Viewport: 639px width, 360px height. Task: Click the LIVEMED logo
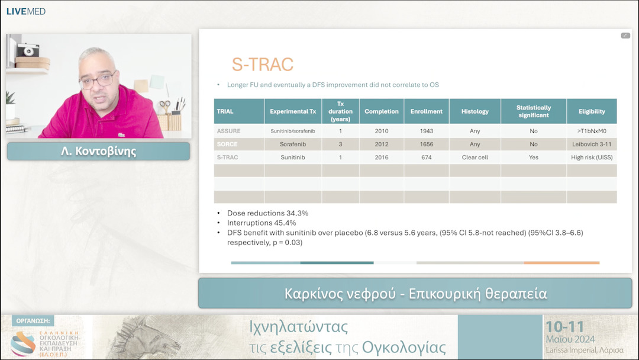pyautogui.click(x=26, y=11)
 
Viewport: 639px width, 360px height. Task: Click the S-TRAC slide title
pyautogui.click(x=262, y=65)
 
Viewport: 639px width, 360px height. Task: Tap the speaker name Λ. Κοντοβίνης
pyautogui.click(x=98, y=151)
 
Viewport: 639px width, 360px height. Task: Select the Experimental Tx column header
pyautogui.click(x=293, y=111)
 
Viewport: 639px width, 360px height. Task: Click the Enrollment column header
pyautogui.click(x=427, y=111)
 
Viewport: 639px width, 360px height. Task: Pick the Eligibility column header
pyautogui.click(x=592, y=111)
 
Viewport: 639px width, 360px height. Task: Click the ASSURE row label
pyautogui.click(x=229, y=131)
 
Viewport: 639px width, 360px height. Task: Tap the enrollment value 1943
pyautogui.click(x=427, y=131)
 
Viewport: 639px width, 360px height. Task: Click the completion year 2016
pyautogui.click(x=382, y=157)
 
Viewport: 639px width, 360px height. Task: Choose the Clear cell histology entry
pyautogui.click(x=475, y=157)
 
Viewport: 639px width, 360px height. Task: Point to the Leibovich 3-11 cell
pyautogui.click(x=592, y=144)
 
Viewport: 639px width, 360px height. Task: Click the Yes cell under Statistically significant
pyautogui.click(x=534, y=157)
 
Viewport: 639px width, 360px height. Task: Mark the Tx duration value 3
pyautogui.click(x=340, y=144)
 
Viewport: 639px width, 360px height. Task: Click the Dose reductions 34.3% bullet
pyautogui.click(x=267, y=213)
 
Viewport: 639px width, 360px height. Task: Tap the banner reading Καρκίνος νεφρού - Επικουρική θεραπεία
pyautogui.click(x=415, y=294)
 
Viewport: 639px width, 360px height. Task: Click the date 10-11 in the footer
pyautogui.click(x=564, y=326)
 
